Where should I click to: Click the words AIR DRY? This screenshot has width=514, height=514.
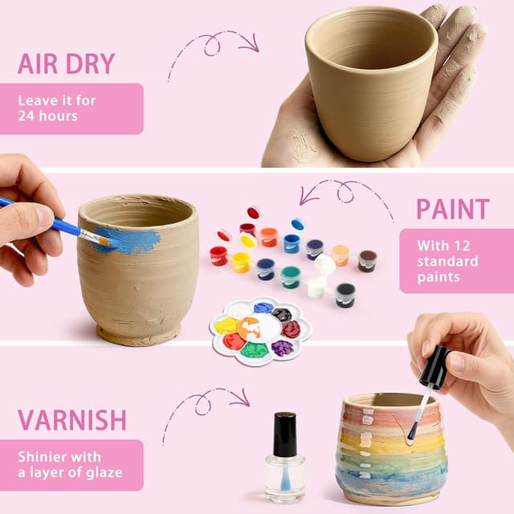tap(67, 63)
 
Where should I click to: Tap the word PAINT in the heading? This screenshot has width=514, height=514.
tap(452, 209)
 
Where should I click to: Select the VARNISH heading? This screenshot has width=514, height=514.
tap(72, 419)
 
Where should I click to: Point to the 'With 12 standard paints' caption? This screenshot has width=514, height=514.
tap(454, 261)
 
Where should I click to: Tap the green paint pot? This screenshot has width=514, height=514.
tap(291, 277)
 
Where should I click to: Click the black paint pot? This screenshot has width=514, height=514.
tap(345, 294)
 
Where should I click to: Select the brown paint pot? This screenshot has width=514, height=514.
tap(367, 260)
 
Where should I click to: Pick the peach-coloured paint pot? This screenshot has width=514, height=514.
tap(341, 255)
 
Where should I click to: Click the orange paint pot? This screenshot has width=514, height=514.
tap(269, 237)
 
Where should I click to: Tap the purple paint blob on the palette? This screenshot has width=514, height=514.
tap(282, 348)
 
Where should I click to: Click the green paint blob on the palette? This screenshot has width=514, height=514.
tap(254, 350)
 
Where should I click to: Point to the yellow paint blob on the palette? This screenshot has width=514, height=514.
tap(227, 325)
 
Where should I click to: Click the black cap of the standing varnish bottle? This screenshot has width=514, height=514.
tap(284, 434)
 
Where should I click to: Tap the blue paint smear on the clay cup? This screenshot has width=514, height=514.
tap(128, 239)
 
